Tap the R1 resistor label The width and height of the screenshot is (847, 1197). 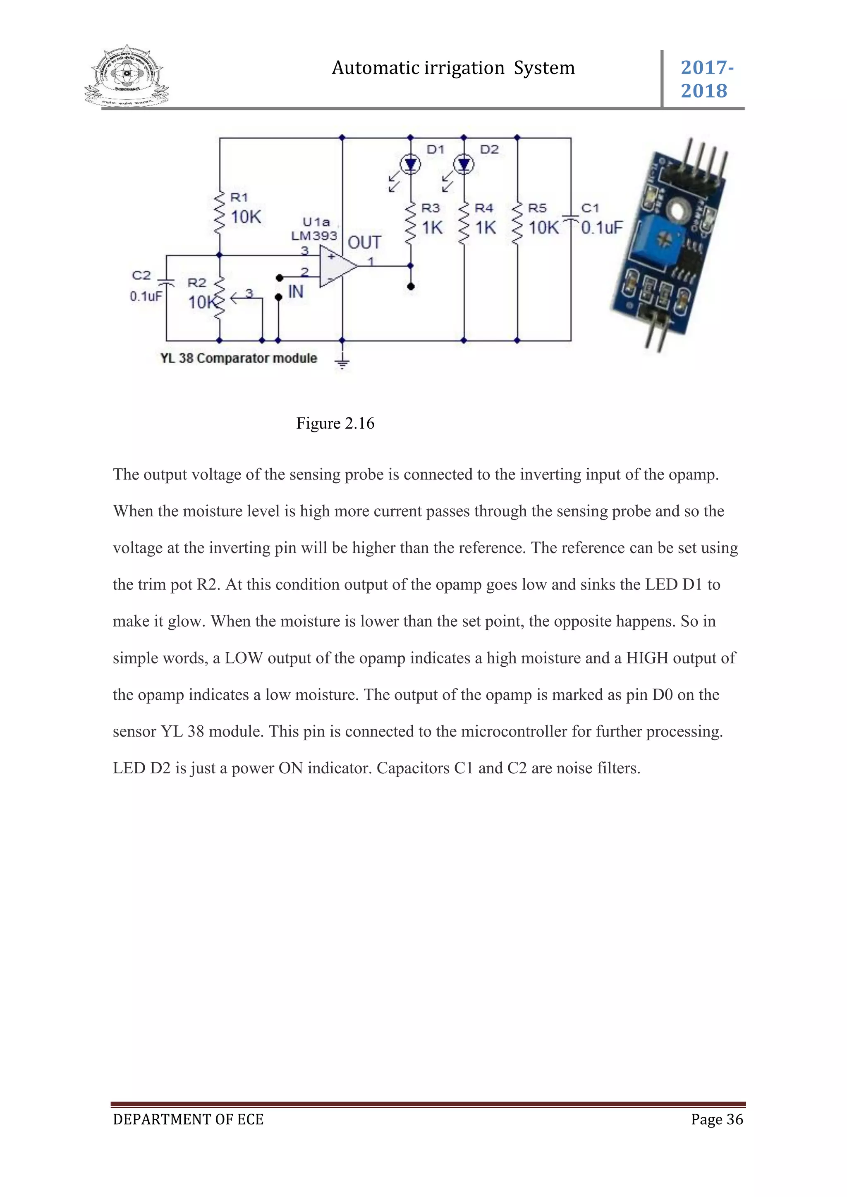[239, 198]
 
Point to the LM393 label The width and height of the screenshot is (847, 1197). [314, 236]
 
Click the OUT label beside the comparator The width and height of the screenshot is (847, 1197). [364, 243]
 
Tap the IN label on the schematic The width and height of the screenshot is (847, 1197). [295, 292]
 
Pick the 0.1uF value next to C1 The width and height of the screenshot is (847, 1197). [602, 228]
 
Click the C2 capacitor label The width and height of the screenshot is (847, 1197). [141, 275]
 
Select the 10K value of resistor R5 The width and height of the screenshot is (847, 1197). [543, 228]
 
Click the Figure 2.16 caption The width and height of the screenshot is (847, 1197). [335, 423]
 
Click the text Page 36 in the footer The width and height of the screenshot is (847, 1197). [717, 1119]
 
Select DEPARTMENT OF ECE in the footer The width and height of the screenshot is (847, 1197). [188, 1119]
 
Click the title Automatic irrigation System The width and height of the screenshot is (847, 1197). [453, 68]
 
